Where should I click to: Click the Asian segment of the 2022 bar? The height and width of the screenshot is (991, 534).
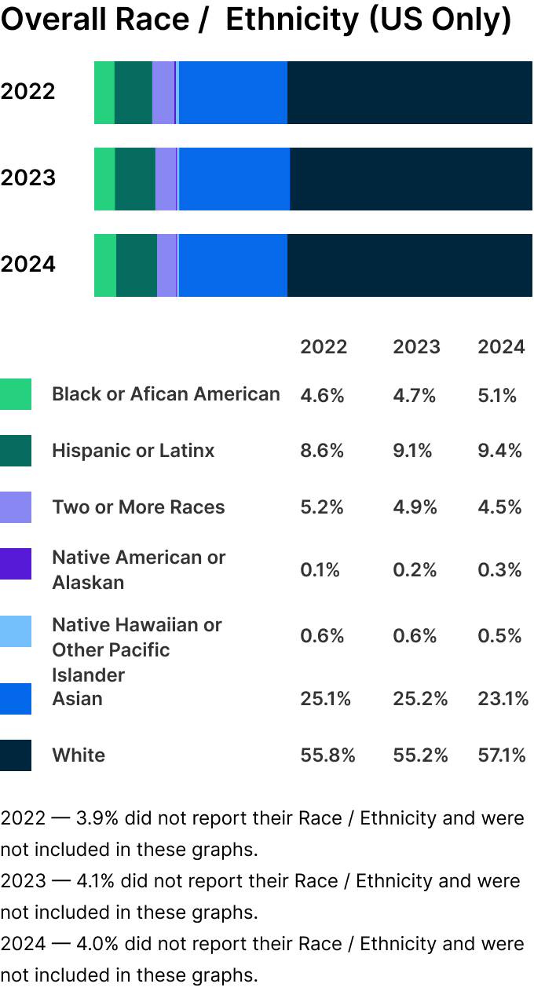point(233,93)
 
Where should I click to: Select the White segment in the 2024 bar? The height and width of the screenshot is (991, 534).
point(409,265)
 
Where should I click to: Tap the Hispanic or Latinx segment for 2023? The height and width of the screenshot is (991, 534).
point(135,179)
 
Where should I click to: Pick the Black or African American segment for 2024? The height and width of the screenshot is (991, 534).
point(105,265)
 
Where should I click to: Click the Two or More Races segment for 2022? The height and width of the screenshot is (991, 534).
point(163,93)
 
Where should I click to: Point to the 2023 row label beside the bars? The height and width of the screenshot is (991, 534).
point(28,178)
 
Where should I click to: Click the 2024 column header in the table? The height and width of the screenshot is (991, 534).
point(501,347)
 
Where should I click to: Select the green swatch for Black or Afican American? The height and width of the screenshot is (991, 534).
point(16,394)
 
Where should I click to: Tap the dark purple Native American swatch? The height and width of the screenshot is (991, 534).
point(16,564)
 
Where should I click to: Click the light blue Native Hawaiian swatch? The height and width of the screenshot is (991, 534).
point(16,631)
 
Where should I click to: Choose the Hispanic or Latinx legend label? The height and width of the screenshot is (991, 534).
point(133,451)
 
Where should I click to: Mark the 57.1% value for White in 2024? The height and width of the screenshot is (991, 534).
point(502,755)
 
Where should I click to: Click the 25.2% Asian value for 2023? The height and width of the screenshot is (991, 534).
point(420,699)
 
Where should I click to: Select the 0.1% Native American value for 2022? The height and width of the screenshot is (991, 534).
point(320,570)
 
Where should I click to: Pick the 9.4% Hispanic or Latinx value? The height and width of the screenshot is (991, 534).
point(499,451)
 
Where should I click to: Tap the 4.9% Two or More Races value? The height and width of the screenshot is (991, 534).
point(415,507)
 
